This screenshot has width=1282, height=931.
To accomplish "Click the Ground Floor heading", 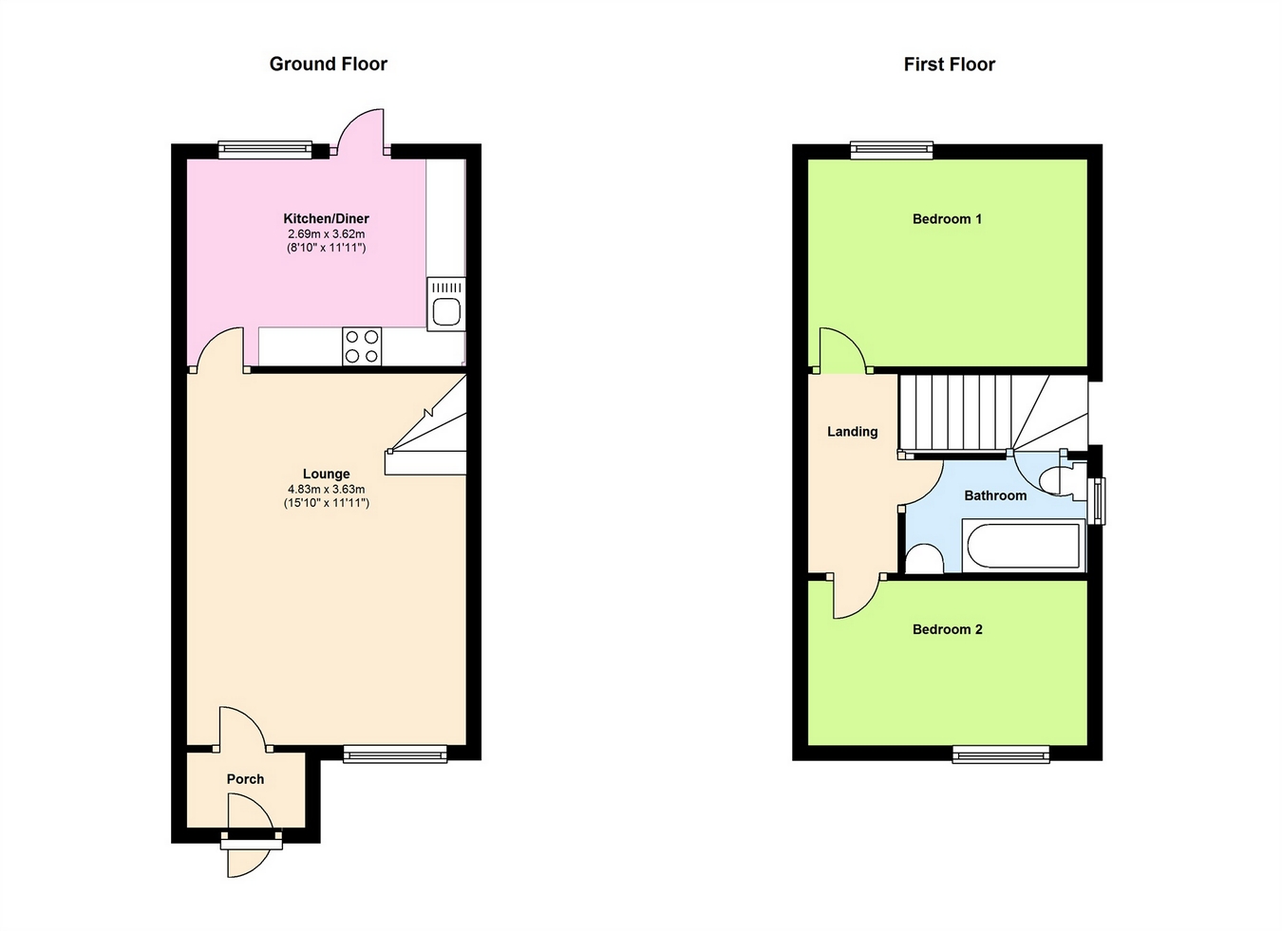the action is click(x=328, y=64).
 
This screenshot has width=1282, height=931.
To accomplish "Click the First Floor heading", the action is click(x=950, y=64).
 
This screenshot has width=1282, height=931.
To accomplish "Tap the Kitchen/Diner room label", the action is click(x=327, y=218).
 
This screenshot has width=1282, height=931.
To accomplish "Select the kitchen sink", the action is click(x=446, y=305).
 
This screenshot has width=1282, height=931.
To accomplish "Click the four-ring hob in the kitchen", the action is click(x=362, y=346).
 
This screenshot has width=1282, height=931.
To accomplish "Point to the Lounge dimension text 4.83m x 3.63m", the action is click(x=327, y=489).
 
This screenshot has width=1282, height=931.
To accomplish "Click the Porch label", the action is click(x=246, y=779).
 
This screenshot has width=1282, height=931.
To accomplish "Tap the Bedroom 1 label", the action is click(x=947, y=218).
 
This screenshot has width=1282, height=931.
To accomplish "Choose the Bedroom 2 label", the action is click(x=947, y=629).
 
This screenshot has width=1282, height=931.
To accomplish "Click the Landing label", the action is click(x=852, y=431).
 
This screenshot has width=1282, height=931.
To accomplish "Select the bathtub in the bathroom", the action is click(x=1024, y=545).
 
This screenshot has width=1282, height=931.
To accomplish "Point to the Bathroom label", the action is click(x=995, y=495).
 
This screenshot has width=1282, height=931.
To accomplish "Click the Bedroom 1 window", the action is click(x=892, y=150).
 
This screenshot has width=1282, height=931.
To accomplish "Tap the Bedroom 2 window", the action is click(x=1001, y=754).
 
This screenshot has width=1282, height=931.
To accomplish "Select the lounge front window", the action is click(x=395, y=754).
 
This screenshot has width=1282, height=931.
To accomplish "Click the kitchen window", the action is click(x=266, y=150).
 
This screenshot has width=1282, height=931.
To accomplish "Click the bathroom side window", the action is click(x=1097, y=501).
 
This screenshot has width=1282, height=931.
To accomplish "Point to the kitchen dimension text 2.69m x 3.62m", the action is click(x=327, y=233).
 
